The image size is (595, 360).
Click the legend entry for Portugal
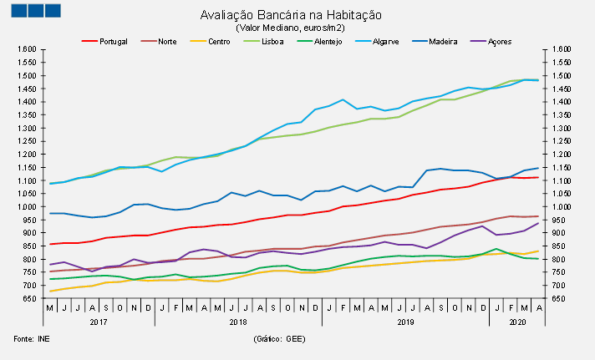pos(112,40)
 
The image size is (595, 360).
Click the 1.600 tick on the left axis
pos(25,50)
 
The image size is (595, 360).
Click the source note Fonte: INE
pos(31,340)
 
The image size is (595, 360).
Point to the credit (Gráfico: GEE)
pos(278,340)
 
